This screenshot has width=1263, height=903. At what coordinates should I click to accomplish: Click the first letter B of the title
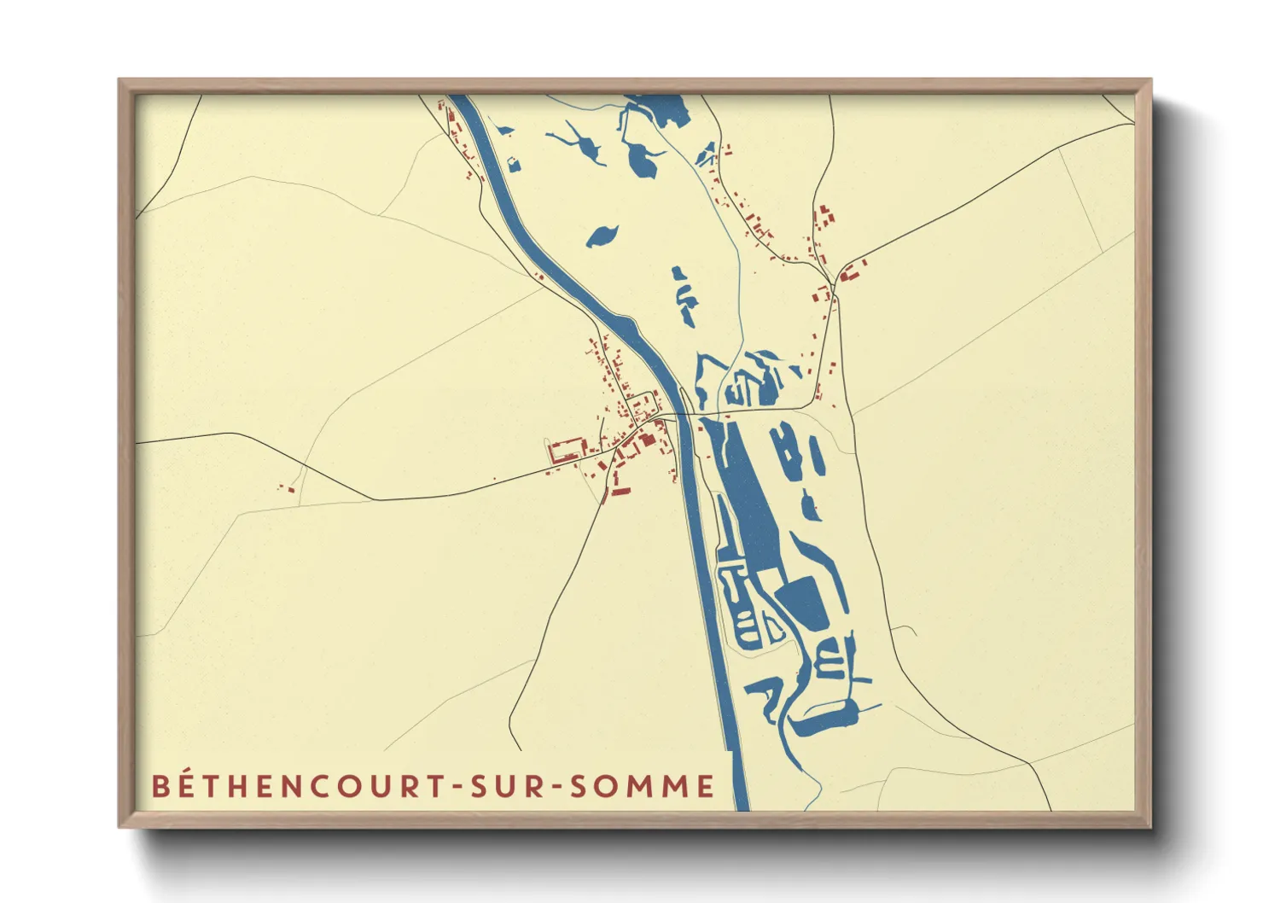(160, 786)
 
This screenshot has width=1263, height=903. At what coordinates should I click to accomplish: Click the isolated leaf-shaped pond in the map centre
(602, 235)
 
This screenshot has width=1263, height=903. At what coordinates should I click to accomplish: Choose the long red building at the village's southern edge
(616, 492)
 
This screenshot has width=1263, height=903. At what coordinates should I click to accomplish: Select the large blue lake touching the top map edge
(661, 109)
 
